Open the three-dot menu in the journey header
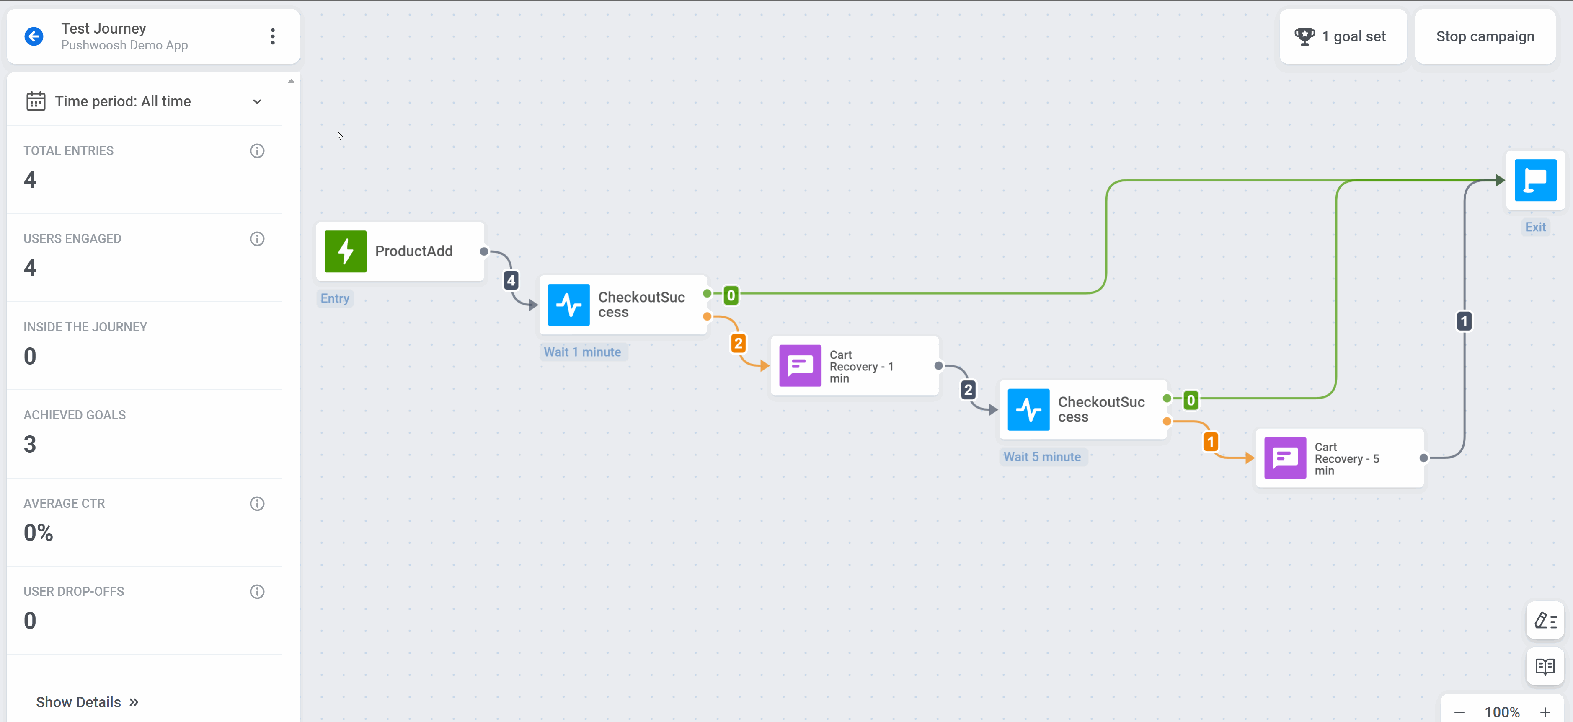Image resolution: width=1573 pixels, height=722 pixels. [x=272, y=36]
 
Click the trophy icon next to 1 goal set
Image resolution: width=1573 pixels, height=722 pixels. [x=1304, y=36]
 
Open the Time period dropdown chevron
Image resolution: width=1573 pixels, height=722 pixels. [x=257, y=101]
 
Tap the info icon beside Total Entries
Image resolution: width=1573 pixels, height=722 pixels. [x=257, y=151]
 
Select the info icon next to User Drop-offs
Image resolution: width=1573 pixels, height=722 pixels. [x=257, y=591]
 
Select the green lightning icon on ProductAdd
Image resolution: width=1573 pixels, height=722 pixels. [x=346, y=251]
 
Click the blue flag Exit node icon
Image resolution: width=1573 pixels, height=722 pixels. [x=1535, y=180]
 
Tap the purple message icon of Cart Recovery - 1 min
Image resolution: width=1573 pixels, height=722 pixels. [x=800, y=366]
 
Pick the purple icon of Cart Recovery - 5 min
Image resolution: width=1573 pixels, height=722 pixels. [x=1285, y=458]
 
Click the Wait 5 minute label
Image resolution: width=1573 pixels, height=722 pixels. [x=1042, y=457]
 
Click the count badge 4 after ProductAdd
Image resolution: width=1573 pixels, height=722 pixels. [x=511, y=280]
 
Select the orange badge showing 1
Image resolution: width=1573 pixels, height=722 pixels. [x=1210, y=442]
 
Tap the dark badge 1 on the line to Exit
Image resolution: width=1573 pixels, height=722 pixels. [x=1464, y=321]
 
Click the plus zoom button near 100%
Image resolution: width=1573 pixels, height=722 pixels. [x=1545, y=712]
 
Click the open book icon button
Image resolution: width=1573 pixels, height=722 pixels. [x=1545, y=666]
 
